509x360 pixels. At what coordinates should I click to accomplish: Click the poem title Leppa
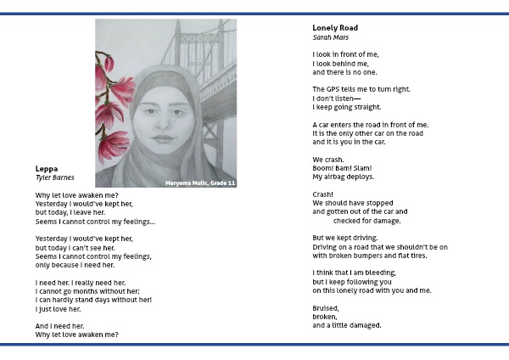tap(47, 169)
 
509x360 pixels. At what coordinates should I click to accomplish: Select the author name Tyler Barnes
tap(55, 177)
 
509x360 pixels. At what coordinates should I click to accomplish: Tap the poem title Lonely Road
tap(335, 28)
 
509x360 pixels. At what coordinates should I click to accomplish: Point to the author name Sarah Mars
tap(331, 37)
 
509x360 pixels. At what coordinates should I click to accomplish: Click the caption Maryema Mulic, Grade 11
tap(199, 182)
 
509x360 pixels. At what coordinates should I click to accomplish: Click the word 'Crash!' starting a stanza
tap(323, 194)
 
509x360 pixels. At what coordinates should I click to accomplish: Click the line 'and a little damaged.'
tap(347, 325)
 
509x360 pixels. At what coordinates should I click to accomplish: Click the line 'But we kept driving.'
tap(345, 238)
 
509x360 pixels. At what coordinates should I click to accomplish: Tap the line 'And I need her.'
tap(59, 325)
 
